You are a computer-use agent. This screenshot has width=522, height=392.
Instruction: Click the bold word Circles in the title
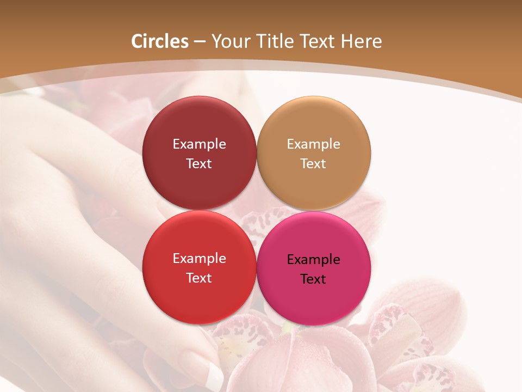pos(160,41)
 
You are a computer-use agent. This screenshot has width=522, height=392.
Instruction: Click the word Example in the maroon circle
pos(199,144)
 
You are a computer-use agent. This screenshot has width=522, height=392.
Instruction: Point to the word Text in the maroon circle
pos(199,164)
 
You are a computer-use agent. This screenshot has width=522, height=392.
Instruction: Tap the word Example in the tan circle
pos(313,144)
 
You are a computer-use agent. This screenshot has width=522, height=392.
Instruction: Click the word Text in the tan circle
pos(313,164)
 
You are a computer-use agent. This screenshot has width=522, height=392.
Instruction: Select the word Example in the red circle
pos(199,259)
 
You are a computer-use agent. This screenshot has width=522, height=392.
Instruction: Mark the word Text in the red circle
pos(199,278)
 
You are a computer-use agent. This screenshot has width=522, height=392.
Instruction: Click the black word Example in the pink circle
pos(313,260)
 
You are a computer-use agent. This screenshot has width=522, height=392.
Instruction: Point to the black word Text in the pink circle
pos(313,279)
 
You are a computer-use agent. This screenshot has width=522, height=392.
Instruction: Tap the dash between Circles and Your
pos(200,42)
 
